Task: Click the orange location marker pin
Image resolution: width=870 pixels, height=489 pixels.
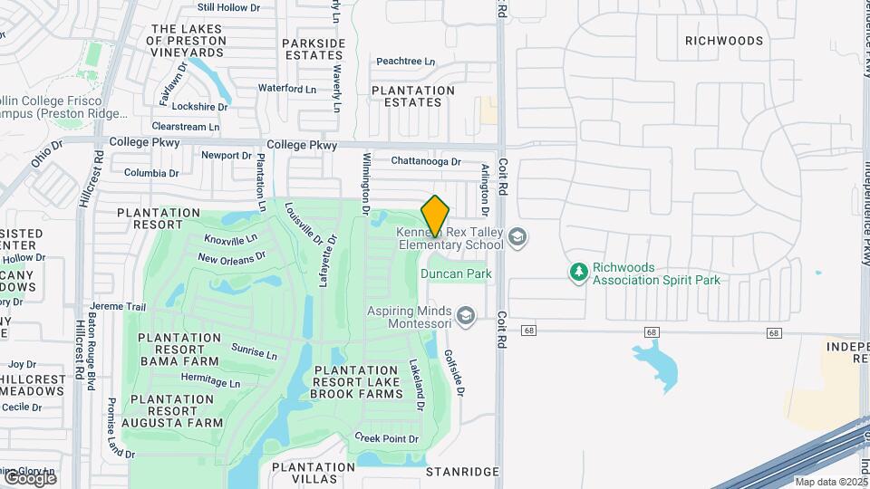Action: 435,216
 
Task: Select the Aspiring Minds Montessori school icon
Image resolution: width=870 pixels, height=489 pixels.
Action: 466,315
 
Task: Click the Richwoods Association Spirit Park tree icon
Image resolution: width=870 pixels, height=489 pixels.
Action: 578,272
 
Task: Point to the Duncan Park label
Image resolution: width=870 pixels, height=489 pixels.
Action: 456,273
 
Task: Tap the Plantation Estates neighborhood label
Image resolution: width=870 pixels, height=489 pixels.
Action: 413,96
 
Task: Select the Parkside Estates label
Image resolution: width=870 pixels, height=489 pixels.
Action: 314,49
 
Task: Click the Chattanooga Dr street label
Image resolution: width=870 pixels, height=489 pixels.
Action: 426,161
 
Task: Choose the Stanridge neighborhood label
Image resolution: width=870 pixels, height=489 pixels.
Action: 462,472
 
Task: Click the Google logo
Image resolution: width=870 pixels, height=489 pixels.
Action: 29,477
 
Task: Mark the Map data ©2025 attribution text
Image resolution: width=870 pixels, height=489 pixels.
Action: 831,482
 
